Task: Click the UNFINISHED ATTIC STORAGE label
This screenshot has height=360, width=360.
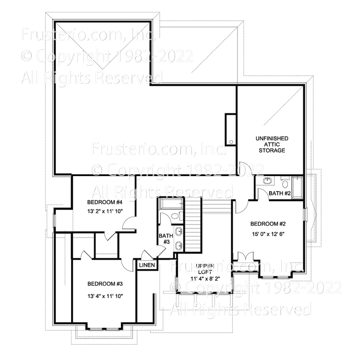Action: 271,144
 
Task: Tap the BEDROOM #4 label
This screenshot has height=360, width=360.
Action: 104,202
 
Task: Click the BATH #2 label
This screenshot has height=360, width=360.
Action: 280,193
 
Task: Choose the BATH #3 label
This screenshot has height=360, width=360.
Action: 165,239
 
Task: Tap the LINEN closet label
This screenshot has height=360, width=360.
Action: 147,265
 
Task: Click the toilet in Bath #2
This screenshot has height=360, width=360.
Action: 285,182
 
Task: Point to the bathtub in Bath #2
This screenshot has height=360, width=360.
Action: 298,188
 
